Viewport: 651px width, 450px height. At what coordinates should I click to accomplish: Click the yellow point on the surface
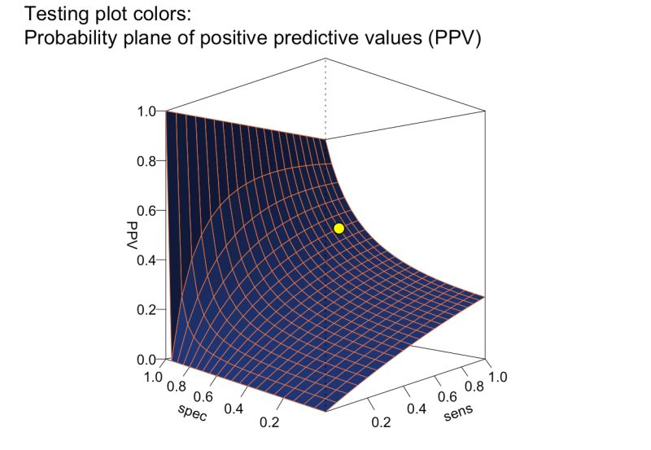tap(339, 229)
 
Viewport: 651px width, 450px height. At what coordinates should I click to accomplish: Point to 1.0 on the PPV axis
tap(146, 111)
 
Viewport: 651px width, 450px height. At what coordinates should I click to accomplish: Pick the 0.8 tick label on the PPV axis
tap(146, 160)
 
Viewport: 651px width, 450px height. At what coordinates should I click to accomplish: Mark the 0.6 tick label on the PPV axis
tap(146, 210)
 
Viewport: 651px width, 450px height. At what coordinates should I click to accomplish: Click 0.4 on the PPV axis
tap(146, 260)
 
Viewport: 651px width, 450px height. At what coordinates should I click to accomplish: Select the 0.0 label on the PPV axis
tap(146, 359)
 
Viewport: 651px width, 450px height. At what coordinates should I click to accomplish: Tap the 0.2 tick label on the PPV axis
tap(146, 309)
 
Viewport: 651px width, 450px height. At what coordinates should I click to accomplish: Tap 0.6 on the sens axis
tap(447, 396)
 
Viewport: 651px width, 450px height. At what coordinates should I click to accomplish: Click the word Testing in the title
tap(55, 14)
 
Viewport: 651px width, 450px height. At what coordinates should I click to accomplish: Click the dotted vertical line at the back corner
tap(326, 98)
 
